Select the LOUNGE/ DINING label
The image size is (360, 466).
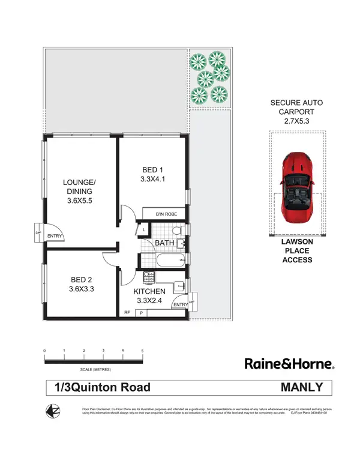click(x=79, y=187)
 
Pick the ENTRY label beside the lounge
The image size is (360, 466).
click(x=55, y=236)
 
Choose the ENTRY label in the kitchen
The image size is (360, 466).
click(x=179, y=305)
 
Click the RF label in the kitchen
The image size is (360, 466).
click(x=127, y=312)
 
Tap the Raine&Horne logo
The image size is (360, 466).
click(x=289, y=364)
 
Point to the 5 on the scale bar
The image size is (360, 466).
click(x=142, y=350)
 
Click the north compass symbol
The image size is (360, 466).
click(x=53, y=411)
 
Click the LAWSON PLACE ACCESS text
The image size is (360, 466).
click(x=298, y=250)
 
